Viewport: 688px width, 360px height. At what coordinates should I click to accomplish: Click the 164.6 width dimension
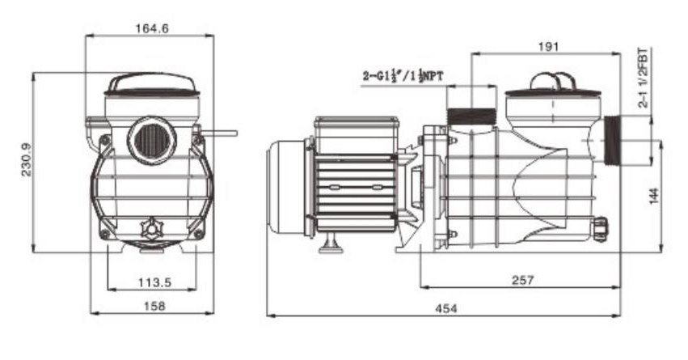pyautogui.click(x=152, y=28)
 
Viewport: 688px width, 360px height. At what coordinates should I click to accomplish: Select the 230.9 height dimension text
pyautogui.click(x=27, y=159)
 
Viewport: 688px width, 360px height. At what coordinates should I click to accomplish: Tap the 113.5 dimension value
pyautogui.click(x=155, y=282)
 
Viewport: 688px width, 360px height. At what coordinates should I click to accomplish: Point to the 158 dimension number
pyautogui.click(x=155, y=306)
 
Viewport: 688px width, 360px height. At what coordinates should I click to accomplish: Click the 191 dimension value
pyautogui.click(x=548, y=47)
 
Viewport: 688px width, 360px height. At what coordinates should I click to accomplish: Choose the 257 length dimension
pyautogui.click(x=522, y=280)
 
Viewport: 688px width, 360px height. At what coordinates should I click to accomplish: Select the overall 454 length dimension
pyautogui.click(x=446, y=309)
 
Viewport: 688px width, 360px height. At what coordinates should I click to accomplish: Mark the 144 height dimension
pyautogui.click(x=654, y=196)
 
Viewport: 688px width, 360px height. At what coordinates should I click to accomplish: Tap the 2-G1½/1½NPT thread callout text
pyautogui.click(x=403, y=76)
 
